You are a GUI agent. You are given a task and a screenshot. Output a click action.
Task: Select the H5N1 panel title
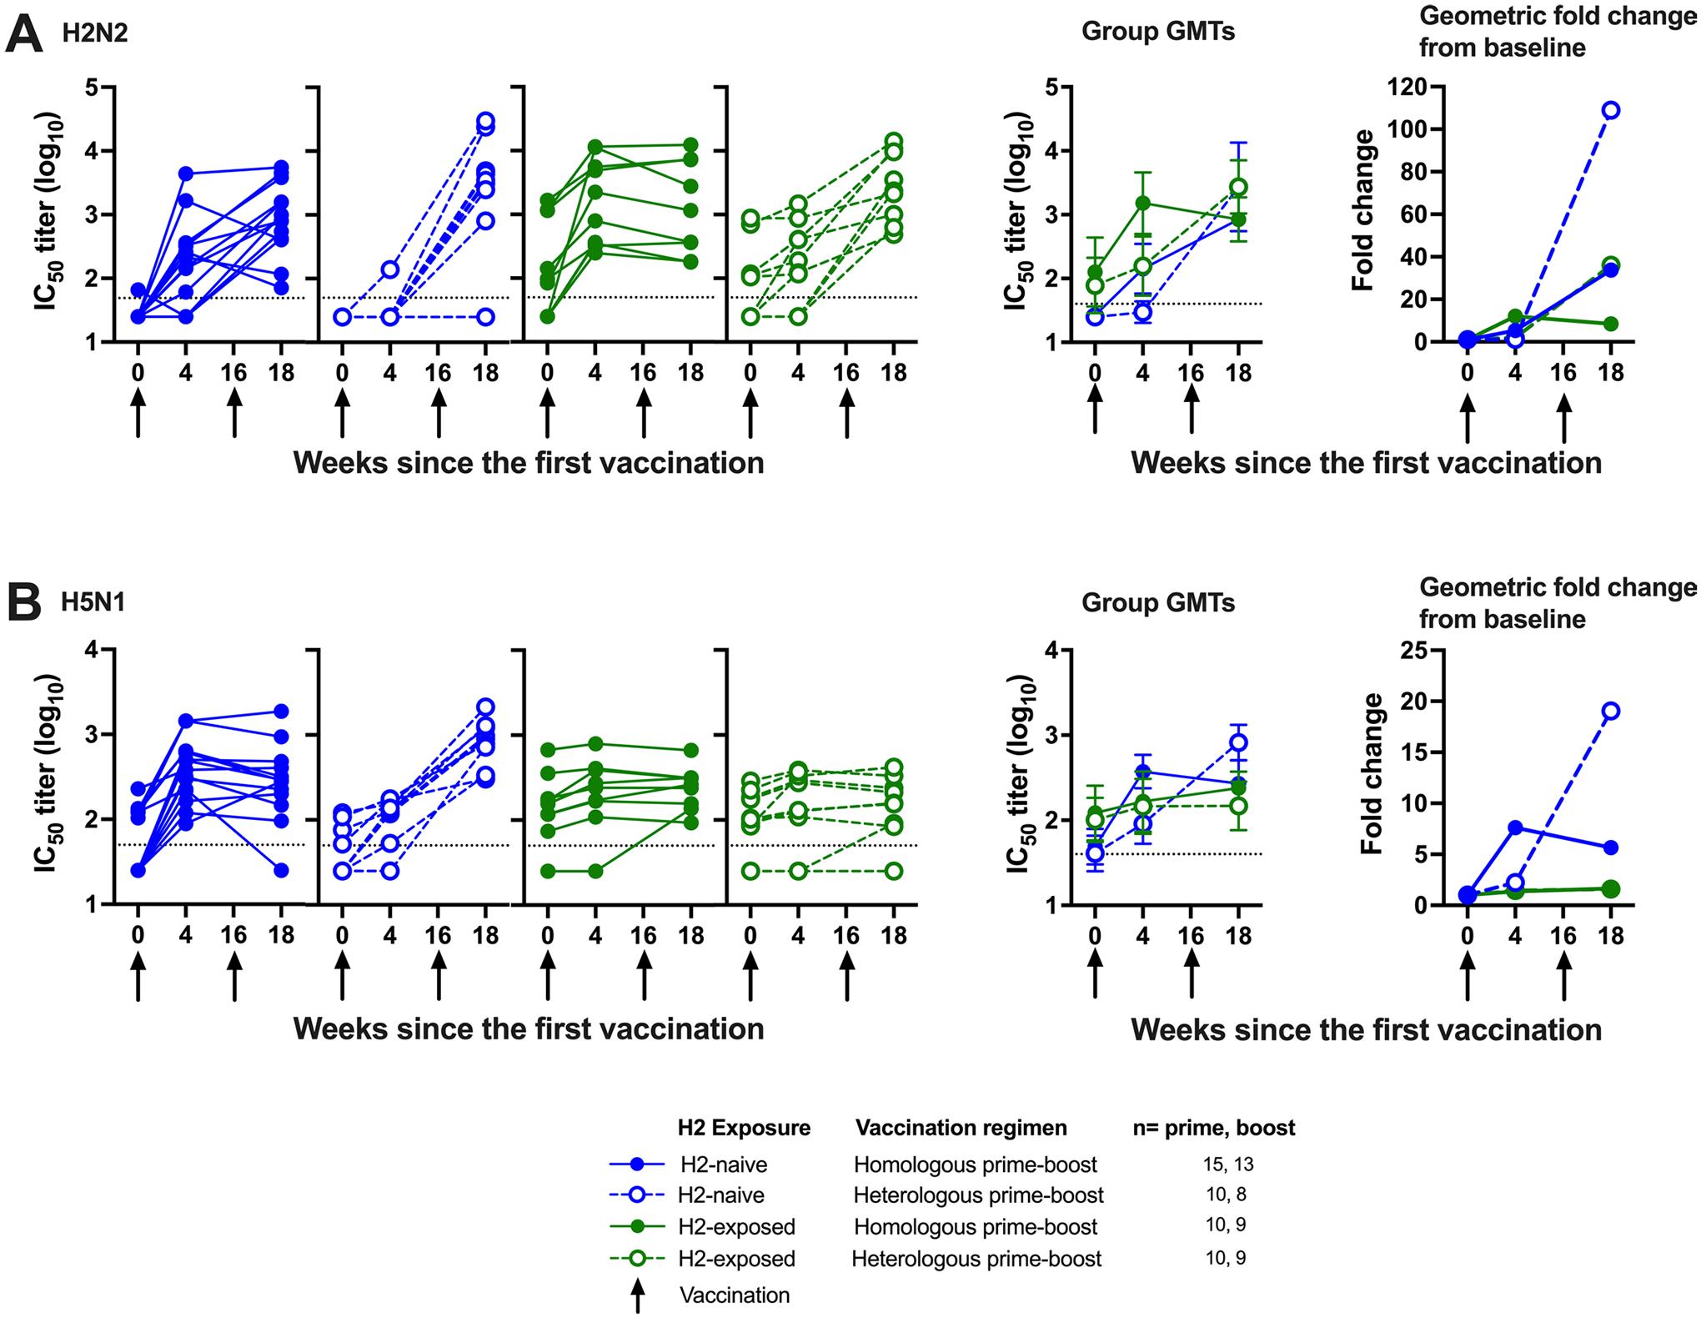tap(93, 601)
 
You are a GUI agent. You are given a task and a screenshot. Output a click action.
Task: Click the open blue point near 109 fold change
tap(1611, 110)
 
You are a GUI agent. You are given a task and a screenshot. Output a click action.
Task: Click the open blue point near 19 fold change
tap(1611, 711)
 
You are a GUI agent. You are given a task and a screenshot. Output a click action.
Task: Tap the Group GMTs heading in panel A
tap(1157, 33)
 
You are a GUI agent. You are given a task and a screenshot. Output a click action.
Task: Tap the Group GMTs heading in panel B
tap(1157, 602)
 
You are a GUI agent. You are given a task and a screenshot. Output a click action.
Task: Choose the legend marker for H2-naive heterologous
tap(637, 1195)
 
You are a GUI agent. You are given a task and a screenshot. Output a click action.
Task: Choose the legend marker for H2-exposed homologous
tap(637, 1227)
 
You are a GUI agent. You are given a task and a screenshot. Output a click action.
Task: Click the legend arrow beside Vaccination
tap(638, 1295)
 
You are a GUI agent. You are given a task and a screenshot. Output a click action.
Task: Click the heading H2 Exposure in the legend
tap(744, 1129)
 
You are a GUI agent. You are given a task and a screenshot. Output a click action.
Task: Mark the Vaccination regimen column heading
tap(961, 1129)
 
